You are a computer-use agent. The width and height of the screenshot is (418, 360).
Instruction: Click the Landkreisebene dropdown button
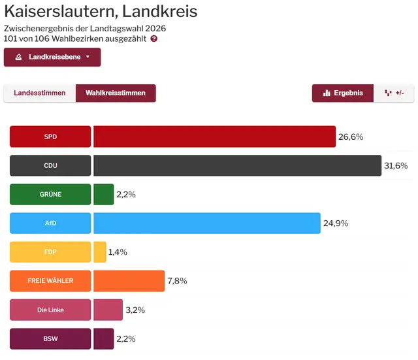click(52, 57)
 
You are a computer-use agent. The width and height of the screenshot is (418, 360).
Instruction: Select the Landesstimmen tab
click(40, 93)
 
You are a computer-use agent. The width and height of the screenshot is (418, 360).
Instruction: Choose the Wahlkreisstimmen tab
click(116, 93)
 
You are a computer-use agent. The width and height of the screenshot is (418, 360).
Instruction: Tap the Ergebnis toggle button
click(343, 93)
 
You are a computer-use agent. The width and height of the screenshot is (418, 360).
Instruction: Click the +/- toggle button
click(394, 93)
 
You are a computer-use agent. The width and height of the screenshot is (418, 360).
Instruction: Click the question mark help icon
click(154, 39)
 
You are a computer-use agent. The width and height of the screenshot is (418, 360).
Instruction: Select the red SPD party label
click(50, 137)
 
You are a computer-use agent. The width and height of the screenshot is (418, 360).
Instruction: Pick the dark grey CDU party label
click(50, 166)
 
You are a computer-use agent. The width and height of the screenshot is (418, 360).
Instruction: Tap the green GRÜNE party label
click(50, 195)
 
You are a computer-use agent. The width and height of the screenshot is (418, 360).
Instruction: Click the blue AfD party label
click(50, 223)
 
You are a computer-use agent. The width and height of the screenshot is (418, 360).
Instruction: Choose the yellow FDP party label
click(50, 252)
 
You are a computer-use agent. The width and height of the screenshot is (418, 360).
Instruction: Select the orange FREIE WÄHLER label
click(50, 281)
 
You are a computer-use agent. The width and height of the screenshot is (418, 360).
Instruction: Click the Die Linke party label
click(50, 310)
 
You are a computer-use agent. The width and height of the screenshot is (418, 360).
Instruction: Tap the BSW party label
click(50, 339)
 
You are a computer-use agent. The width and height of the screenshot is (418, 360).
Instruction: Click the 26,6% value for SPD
click(350, 137)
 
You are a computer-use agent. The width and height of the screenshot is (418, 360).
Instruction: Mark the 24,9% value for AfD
click(336, 223)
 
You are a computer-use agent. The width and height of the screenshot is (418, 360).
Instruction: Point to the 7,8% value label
click(177, 281)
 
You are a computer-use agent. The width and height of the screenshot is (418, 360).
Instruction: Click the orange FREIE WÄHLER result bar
click(129, 281)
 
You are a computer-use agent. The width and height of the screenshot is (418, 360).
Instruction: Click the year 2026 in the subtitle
click(155, 29)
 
